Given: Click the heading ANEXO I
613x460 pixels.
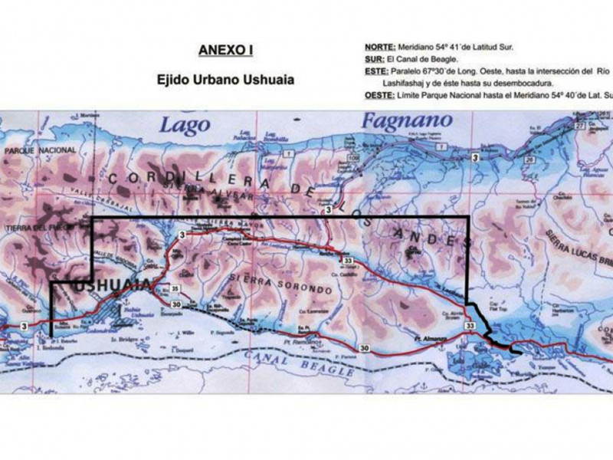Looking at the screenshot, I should point(225,51).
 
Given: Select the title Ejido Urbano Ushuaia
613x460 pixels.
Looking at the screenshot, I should point(225,80).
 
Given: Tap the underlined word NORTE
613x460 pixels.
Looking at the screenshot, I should point(380,47).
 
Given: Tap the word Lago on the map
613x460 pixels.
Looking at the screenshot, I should point(185,124).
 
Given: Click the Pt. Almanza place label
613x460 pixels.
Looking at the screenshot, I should point(430,336).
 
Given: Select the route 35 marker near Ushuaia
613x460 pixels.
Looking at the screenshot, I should point(175,288).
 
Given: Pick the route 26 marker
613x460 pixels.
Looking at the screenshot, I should point(529,160).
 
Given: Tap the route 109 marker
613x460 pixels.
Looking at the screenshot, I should point(353,159).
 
